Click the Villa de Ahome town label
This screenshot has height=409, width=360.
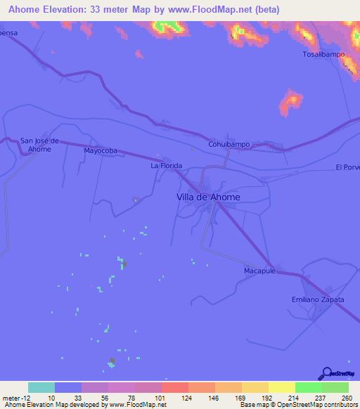(x=207, y=197)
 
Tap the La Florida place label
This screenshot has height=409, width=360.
(x=167, y=166)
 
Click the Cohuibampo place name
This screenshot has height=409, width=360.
(x=229, y=144)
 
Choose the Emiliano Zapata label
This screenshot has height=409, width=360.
(x=318, y=299)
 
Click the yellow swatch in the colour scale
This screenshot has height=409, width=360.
(x=281, y=387)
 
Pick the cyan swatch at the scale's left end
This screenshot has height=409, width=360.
(x=41, y=387)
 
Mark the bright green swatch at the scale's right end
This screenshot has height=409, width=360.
(x=335, y=387)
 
